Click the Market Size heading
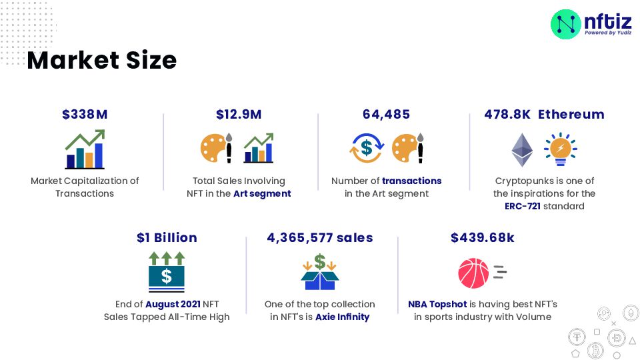click(101, 61)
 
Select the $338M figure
click(85, 115)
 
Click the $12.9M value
click(239, 115)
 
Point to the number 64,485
click(387, 115)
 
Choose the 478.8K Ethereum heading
click(544, 115)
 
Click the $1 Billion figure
click(167, 238)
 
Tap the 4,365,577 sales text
click(320, 238)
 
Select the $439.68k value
click(482, 238)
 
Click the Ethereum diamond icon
click(522, 149)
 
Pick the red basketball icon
click(473, 273)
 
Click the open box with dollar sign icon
click(320, 272)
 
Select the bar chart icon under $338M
click(85, 149)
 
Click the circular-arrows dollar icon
click(365, 148)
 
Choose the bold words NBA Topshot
click(437, 305)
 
